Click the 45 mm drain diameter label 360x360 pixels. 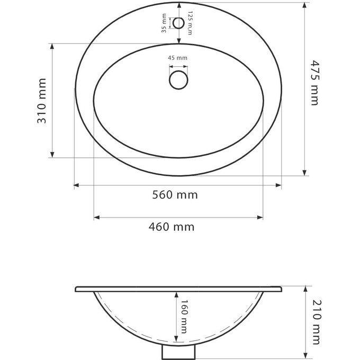[x=178, y=58]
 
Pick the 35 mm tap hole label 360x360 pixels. [x=164, y=23]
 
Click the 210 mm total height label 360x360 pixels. [x=316, y=322]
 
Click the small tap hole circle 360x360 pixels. [x=178, y=23]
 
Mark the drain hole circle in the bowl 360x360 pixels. [x=178, y=80]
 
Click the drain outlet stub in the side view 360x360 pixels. [x=178, y=352]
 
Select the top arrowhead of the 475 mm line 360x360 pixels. [x=304, y=5]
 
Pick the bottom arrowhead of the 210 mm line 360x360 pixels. [x=305, y=356]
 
